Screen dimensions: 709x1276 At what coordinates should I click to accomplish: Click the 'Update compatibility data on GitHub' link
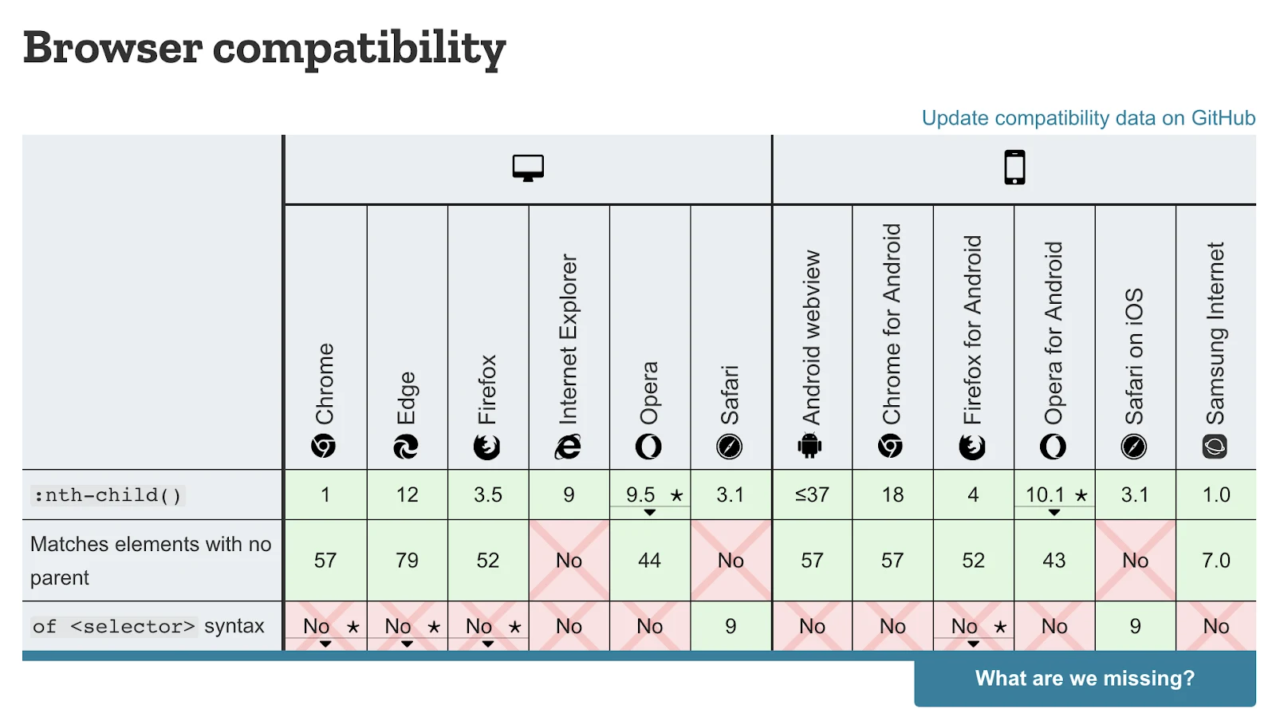(x=1088, y=118)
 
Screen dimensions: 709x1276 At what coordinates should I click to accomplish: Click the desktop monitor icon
(x=528, y=168)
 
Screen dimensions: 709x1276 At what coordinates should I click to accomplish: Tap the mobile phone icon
(x=1014, y=167)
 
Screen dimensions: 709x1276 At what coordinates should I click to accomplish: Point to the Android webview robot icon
(x=809, y=446)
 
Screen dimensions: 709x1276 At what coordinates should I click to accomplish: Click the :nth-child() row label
(x=108, y=495)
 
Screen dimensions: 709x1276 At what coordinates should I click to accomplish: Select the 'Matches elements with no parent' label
(x=150, y=561)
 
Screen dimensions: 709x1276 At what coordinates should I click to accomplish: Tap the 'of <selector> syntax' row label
(x=148, y=626)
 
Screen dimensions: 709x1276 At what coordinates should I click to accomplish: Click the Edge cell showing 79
(x=407, y=561)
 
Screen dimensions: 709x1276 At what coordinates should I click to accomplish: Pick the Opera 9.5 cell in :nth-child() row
(x=649, y=495)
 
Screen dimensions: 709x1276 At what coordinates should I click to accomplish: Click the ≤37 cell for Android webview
(x=812, y=495)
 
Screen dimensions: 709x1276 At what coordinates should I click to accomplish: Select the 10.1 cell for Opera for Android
(x=1053, y=495)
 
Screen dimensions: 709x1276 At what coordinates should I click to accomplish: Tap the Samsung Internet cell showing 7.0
(x=1215, y=561)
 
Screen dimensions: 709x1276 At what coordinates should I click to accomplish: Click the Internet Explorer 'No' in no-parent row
(x=569, y=561)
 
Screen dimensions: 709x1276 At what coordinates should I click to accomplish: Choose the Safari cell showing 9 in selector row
(x=731, y=627)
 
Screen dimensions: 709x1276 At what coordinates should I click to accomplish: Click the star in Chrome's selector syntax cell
(x=352, y=628)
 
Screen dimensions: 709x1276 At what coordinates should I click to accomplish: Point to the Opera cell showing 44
(x=649, y=561)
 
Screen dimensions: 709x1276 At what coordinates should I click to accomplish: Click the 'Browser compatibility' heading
(x=264, y=48)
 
